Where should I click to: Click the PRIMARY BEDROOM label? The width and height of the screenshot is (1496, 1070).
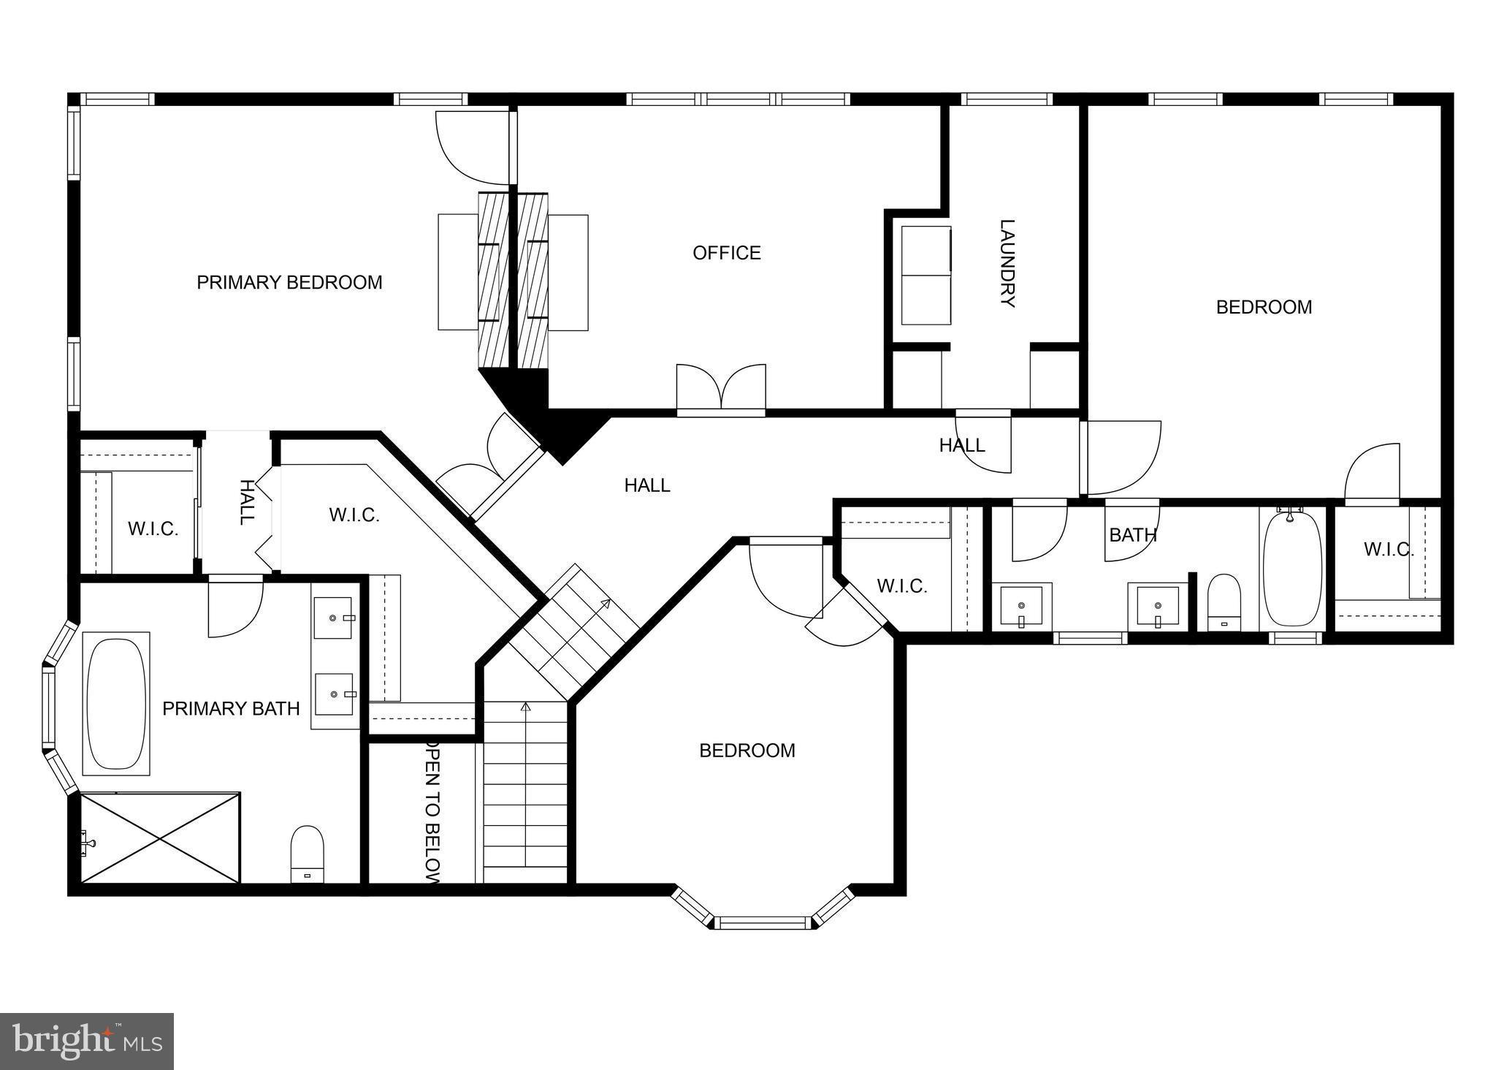[289, 282]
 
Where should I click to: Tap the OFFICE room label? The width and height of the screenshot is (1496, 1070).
[726, 253]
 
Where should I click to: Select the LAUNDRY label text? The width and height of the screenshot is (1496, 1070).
[1007, 263]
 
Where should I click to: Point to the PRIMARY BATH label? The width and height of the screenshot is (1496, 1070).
[231, 708]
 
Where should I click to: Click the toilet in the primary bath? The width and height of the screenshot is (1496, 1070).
[307, 854]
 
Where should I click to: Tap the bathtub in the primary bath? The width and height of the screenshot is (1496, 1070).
[116, 703]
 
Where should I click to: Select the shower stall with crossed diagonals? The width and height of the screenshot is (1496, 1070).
[160, 838]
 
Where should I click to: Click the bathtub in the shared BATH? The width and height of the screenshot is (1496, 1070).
[1291, 569]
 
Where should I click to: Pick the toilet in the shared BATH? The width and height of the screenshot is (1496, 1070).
[1224, 602]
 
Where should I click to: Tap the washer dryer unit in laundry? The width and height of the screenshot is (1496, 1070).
[926, 275]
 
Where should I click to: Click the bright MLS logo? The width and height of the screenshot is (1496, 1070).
[87, 1041]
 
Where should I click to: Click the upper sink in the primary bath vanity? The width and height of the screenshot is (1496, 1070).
[334, 618]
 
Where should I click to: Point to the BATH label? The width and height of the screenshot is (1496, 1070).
[1132, 535]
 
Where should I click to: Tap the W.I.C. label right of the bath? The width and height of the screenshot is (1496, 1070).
[1388, 550]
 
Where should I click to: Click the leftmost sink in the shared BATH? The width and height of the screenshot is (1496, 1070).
[1020, 605]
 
